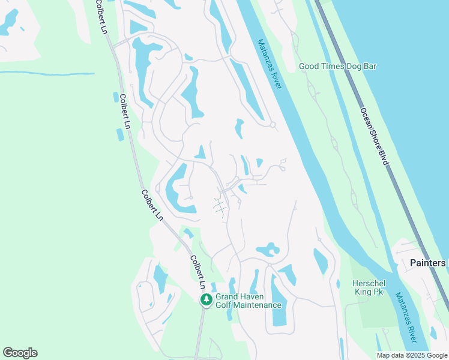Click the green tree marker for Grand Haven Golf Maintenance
(206, 299)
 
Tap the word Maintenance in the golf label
(258, 305)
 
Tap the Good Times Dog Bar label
(337, 66)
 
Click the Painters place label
(428, 263)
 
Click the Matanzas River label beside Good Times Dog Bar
(270, 64)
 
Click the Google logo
(20, 353)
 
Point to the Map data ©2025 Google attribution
(412, 355)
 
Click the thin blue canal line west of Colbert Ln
(48, 73)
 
